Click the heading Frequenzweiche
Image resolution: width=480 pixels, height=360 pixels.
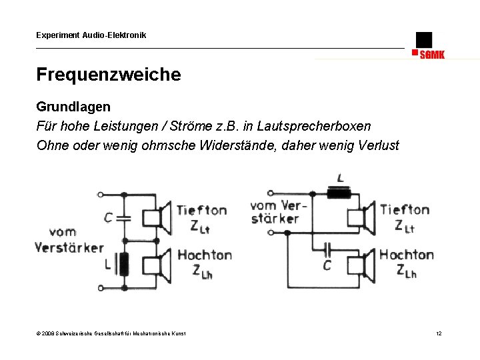pyautogui.click(x=108, y=75)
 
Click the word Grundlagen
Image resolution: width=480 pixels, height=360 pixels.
pyautogui.click(x=73, y=107)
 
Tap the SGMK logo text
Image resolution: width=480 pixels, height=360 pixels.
pyautogui.click(x=432, y=55)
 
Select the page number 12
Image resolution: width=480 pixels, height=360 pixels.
pyautogui.click(x=439, y=333)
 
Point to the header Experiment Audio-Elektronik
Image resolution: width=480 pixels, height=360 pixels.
pyautogui.click(x=91, y=35)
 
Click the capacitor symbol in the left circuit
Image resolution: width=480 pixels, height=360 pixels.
pyautogui.click(x=123, y=217)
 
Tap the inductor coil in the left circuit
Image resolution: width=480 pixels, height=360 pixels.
pyautogui.click(x=123, y=264)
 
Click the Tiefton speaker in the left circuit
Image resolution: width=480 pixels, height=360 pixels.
pyautogui.click(x=163, y=217)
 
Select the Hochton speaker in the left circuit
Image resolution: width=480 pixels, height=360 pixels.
pyautogui.click(x=163, y=264)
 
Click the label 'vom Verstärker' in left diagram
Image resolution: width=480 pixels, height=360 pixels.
pyautogui.click(x=69, y=240)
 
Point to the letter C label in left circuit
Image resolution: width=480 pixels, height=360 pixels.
pyautogui.click(x=108, y=217)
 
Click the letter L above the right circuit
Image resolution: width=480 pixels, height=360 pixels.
pyautogui.click(x=341, y=179)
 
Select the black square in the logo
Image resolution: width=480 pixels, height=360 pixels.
pyautogui.click(x=423, y=39)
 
